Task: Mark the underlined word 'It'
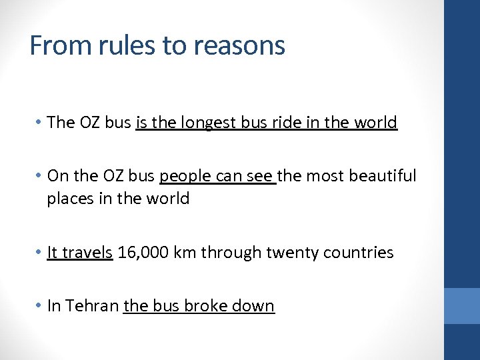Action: pos(53,253)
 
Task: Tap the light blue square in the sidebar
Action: pos(461,306)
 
